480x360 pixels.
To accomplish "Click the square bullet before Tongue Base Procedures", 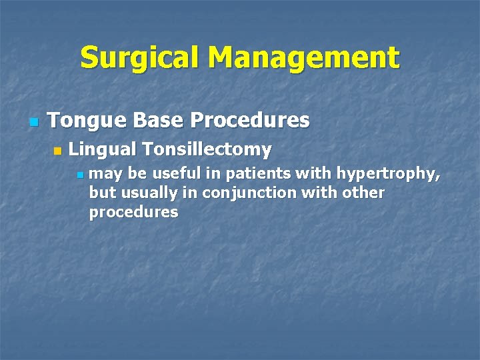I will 34,123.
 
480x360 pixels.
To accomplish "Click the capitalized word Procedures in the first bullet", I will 250,121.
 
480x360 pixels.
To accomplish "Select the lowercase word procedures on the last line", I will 133,213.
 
